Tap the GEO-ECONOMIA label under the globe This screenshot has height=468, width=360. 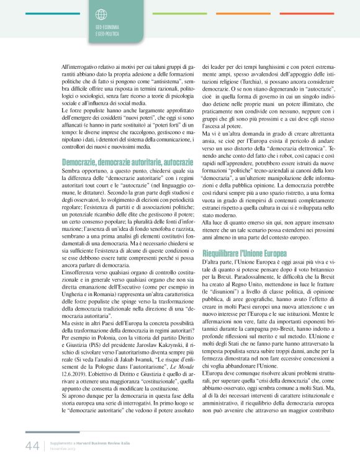[107, 29]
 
